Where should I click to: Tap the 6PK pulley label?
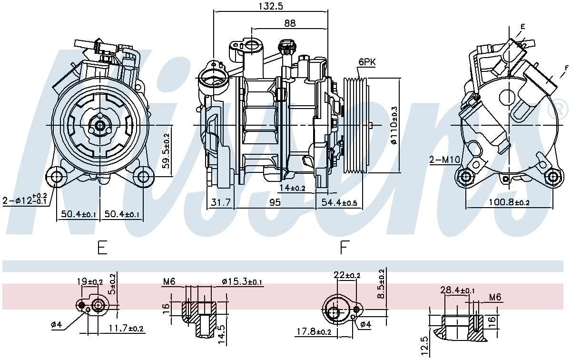coord(367,62)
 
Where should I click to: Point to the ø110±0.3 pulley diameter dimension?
coord(394,125)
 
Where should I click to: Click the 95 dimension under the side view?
coord(275,202)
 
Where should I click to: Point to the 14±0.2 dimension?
coord(292,188)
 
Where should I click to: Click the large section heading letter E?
coord(102,248)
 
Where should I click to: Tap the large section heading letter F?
coord(345,248)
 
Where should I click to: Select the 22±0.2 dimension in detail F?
coord(347,275)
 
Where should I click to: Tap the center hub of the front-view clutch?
coord(100,125)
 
